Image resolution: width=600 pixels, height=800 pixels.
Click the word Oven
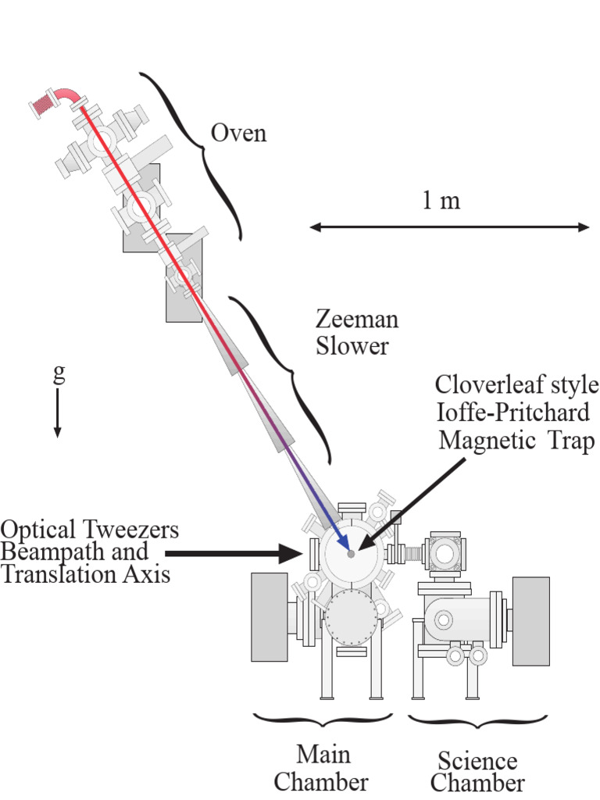tap(238, 134)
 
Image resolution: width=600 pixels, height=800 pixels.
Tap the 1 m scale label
tap(441, 201)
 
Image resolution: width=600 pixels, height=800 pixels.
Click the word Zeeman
tap(357, 320)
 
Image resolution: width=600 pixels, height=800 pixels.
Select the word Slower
tap(352, 346)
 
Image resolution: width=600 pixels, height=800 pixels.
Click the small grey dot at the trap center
tap(351, 554)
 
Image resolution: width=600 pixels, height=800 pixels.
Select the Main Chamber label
tap(323, 768)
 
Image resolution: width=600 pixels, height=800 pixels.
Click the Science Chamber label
tap(477, 771)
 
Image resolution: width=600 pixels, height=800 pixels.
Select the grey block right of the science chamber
tap(530, 621)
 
